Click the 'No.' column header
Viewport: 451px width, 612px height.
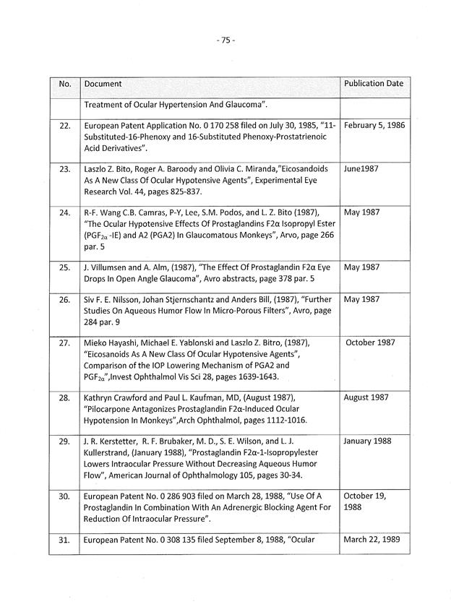pos(64,85)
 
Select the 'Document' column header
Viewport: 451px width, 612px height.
pos(103,85)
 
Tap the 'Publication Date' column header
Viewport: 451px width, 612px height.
pos(374,84)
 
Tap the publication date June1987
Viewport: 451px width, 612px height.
pos(361,169)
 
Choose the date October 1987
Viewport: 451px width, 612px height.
pos(370,342)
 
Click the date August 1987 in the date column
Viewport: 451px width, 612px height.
pos(366,398)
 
